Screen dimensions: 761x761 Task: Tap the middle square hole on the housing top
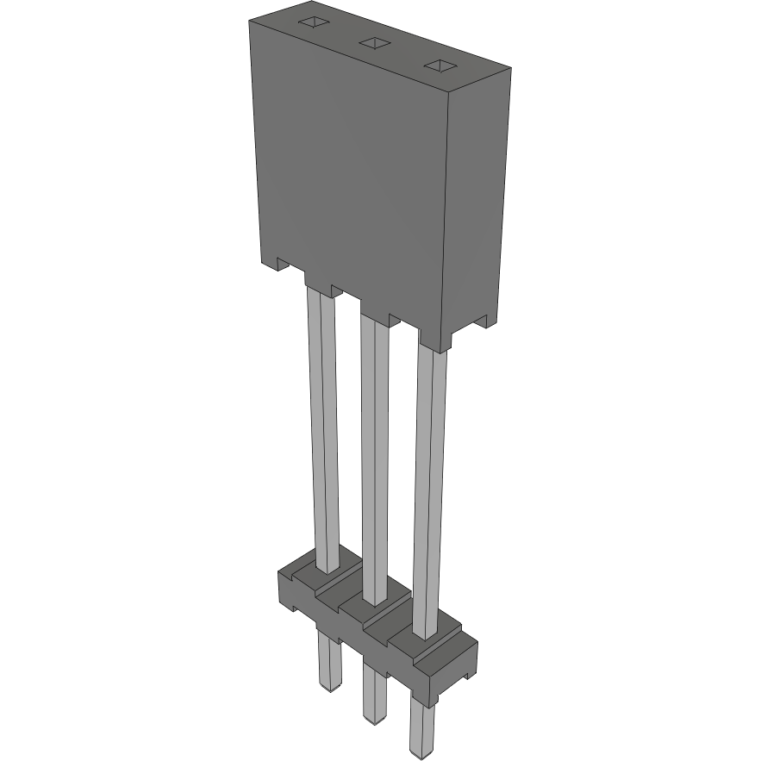tap(372, 42)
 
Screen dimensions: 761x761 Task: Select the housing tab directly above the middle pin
tap(374, 309)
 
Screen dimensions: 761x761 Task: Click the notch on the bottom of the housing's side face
tap(479, 321)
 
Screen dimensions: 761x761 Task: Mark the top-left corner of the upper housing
tap(250, 19)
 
